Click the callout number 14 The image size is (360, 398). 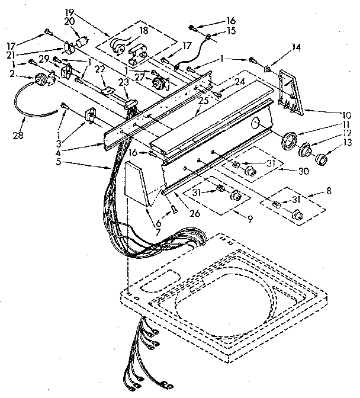click(296, 47)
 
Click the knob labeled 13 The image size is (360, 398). click(323, 158)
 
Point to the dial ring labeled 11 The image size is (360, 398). click(289, 142)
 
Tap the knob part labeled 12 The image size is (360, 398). click(307, 150)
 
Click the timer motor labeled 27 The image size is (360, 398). click(158, 82)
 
